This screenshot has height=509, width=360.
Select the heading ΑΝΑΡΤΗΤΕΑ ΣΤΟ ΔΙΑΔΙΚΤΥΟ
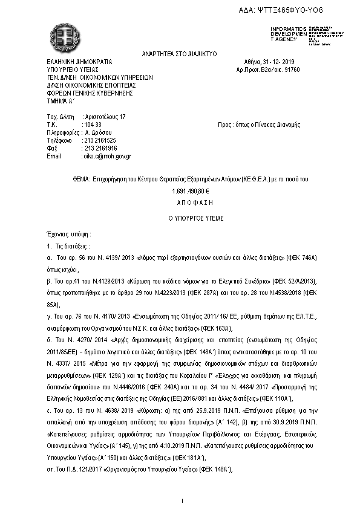pos(179,53)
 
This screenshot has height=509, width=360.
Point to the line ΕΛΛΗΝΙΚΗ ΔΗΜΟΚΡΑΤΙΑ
pos(79,62)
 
